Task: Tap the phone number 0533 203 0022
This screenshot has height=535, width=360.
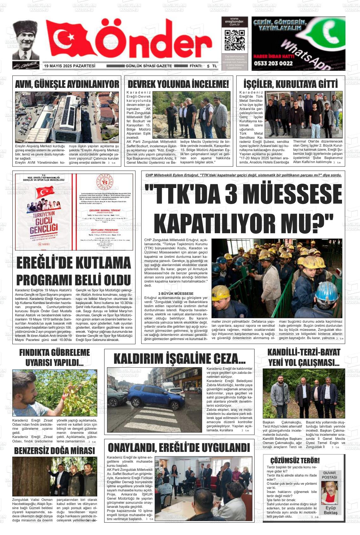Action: (x=273, y=63)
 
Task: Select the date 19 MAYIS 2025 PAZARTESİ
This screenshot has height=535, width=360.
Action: (x=70, y=66)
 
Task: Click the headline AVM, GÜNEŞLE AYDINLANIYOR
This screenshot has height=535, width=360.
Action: (x=67, y=84)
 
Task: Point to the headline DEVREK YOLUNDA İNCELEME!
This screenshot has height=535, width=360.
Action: (x=178, y=84)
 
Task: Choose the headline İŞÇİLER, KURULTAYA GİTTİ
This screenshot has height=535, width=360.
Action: (x=290, y=84)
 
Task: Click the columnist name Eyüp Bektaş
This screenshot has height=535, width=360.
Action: (x=330, y=510)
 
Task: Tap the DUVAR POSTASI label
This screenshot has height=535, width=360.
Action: (x=329, y=475)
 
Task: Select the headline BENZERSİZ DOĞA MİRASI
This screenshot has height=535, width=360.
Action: (x=54, y=451)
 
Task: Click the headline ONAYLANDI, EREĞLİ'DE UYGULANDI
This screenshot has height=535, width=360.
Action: (x=179, y=448)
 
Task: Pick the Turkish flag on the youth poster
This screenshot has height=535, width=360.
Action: (x=45, y=192)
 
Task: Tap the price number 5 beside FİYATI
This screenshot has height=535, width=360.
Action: (x=208, y=66)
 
